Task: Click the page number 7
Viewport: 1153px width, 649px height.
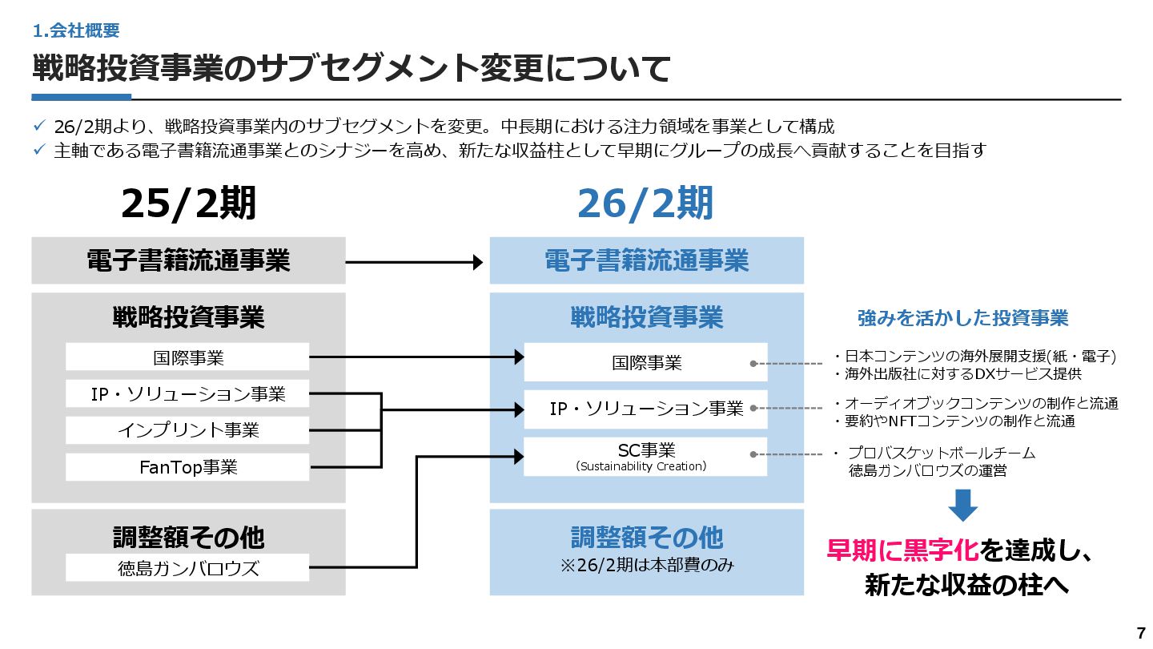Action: tap(1141, 632)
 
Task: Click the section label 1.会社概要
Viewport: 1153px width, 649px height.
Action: tap(76, 31)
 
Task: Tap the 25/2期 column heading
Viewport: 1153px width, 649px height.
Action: tap(188, 204)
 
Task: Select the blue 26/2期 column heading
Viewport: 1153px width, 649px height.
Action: tap(645, 204)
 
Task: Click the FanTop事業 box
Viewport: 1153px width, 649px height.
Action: tap(187, 467)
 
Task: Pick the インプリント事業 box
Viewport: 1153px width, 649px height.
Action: tap(187, 430)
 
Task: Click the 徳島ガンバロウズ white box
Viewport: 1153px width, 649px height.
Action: tap(187, 568)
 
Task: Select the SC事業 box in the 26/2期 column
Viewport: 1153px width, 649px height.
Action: tap(645, 456)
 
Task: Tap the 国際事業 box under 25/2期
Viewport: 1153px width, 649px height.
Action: tap(187, 357)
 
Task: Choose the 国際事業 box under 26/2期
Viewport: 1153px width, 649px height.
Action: tap(645, 362)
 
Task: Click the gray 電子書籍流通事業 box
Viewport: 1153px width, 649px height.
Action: tap(188, 260)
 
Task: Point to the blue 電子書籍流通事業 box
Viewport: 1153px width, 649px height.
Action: tap(646, 260)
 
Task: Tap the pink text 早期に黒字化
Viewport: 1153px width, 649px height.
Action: tap(902, 551)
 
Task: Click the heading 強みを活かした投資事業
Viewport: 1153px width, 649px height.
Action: tap(962, 318)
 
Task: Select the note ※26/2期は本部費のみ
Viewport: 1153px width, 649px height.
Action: tap(646, 565)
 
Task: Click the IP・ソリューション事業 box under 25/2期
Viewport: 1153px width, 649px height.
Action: tap(187, 393)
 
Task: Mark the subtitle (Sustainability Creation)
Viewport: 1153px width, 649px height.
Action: tap(641, 466)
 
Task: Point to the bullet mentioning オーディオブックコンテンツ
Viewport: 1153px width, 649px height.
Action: tap(975, 403)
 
